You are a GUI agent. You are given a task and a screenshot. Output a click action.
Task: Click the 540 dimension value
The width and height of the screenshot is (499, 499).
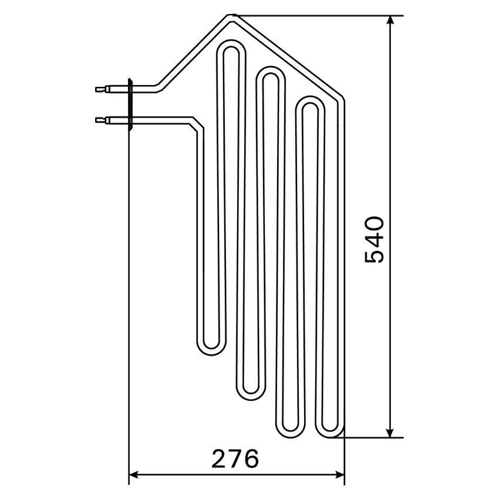coord(374,240)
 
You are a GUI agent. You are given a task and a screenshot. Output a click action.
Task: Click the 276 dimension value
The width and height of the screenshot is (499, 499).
coord(235,458)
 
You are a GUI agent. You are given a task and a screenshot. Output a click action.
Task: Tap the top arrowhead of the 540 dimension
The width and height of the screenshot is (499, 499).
coord(390,21)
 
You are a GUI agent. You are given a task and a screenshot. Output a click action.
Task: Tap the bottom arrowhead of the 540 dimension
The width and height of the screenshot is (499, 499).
coord(390,433)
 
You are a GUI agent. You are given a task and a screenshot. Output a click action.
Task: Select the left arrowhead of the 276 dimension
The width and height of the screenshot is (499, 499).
coord(134,475)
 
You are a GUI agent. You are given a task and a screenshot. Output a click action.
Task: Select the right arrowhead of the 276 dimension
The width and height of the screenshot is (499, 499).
coord(339,475)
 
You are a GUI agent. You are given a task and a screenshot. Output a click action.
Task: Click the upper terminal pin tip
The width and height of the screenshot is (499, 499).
coord(96,89)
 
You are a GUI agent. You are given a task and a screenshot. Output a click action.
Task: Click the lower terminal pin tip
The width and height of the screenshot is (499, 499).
coord(96,120)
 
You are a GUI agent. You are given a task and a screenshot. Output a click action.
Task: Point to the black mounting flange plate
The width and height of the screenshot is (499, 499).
coord(130,104)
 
